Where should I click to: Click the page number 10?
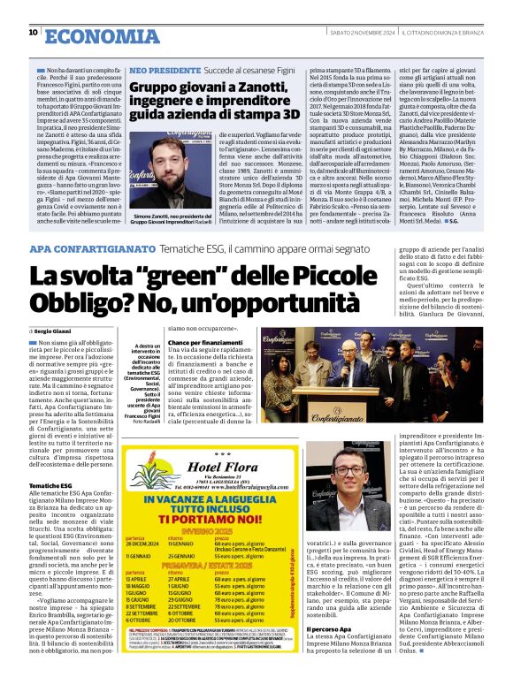point(33,34)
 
